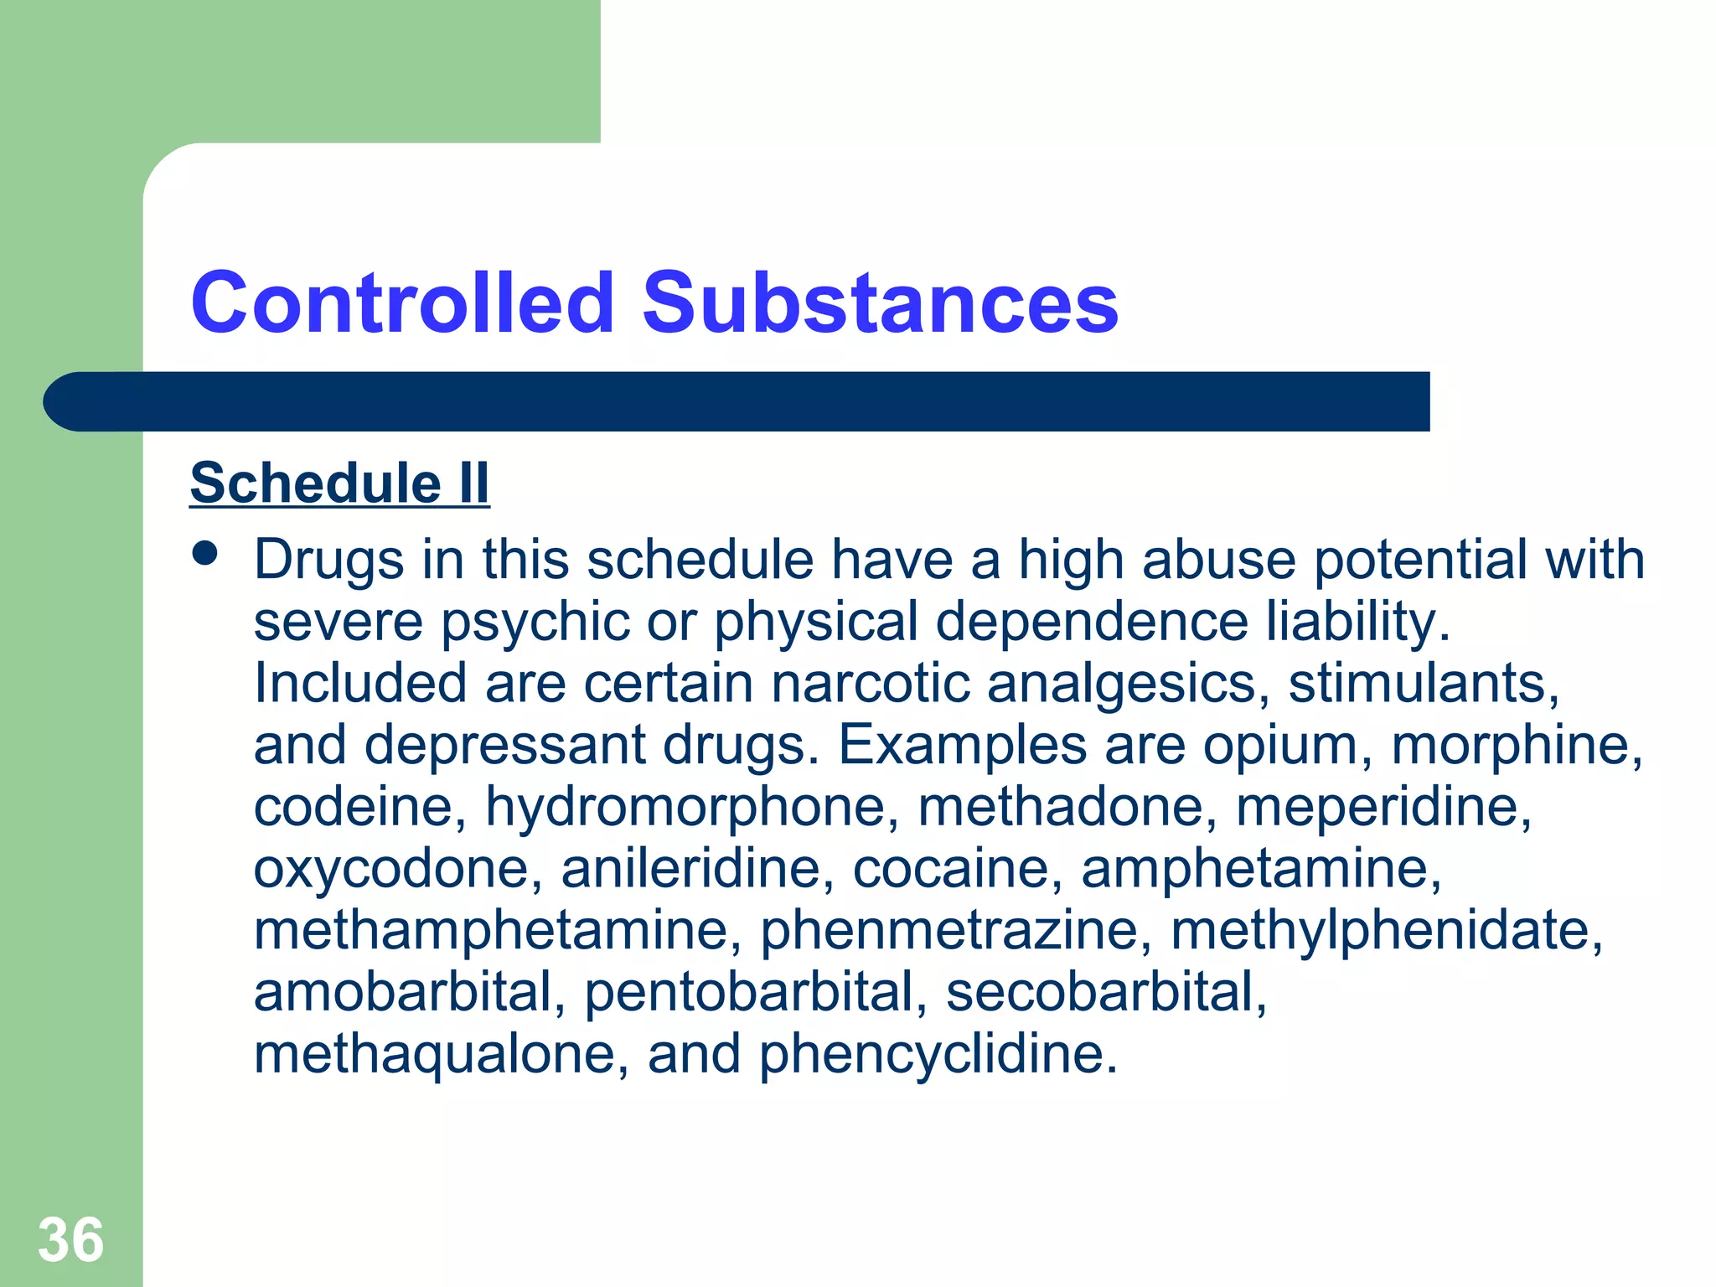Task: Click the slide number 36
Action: (x=71, y=1240)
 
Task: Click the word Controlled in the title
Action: (x=403, y=302)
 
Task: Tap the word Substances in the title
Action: (x=880, y=302)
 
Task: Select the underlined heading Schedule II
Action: (x=339, y=483)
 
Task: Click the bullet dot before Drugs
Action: (x=204, y=553)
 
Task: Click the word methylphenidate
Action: (x=1387, y=931)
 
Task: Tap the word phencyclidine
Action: (x=938, y=1054)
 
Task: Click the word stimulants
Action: (x=1424, y=683)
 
